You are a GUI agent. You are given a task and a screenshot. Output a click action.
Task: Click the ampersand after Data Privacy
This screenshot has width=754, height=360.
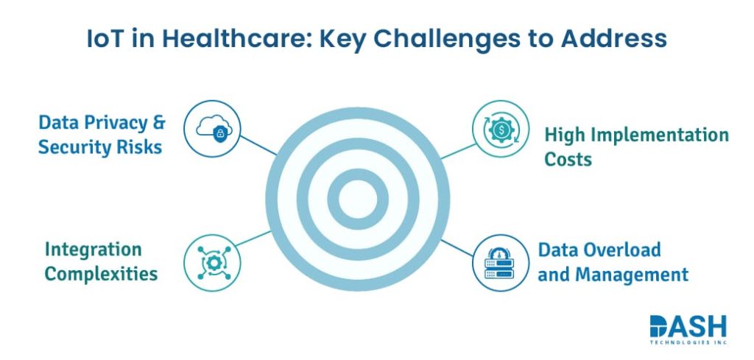click(x=160, y=122)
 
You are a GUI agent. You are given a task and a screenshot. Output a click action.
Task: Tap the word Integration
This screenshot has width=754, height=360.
click(x=93, y=250)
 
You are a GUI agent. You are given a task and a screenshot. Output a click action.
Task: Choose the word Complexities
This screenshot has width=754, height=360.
click(x=101, y=274)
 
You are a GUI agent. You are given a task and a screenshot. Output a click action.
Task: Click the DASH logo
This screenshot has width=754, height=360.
click(x=687, y=325)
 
